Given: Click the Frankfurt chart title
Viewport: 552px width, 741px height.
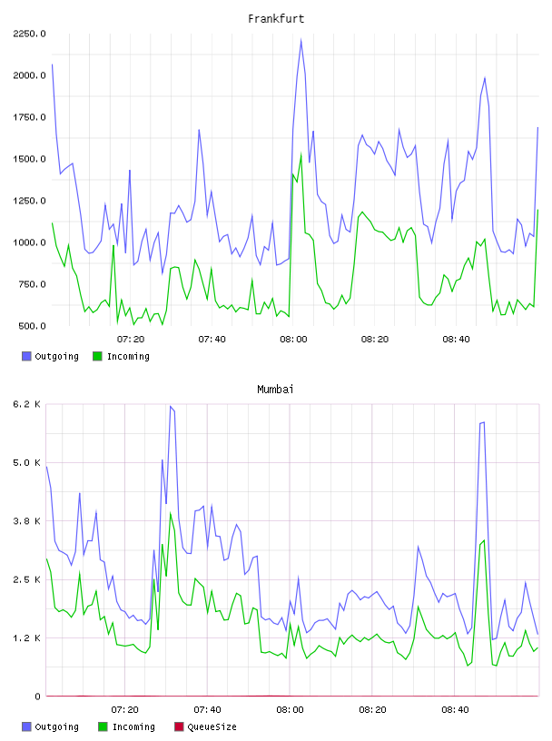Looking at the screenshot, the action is pyautogui.click(x=276, y=19).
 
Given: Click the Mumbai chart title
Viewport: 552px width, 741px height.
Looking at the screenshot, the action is pyautogui.click(x=275, y=390).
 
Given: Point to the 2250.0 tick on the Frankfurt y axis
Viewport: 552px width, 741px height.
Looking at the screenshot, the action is pyautogui.click(x=29, y=34).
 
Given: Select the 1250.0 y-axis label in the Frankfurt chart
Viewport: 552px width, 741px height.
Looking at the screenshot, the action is pyautogui.click(x=29, y=201).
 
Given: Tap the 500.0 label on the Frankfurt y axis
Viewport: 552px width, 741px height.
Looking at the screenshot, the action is pyautogui.click(x=32, y=326).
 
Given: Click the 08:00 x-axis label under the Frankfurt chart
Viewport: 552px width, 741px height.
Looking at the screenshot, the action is pyautogui.click(x=293, y=340).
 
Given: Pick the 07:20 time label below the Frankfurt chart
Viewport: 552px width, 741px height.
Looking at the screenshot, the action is pyautogui.click(x=131, y=340).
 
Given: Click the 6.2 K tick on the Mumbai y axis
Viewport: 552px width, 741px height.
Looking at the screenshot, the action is pyautogui.click(x=27, y=404).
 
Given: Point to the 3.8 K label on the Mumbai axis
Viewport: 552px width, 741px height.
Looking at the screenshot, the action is pyautogui.click(x=27, y=521).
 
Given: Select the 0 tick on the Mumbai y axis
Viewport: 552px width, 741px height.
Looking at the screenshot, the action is pyautogui.click(x=37, y=697).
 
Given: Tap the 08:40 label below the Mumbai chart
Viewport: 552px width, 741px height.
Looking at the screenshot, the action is pyautogui.click(x=455, y=710).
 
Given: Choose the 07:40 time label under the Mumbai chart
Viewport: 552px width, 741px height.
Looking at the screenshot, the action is pyautogui.click(x=208, y=710).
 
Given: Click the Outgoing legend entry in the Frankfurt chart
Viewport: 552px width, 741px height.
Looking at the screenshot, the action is pyautogui.click(x=50, y=356).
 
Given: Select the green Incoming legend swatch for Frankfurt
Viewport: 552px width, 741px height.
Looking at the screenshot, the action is pyautogui.click(x=97, y=356).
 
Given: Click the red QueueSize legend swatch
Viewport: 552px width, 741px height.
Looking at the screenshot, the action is pyautogui.click(x=179, y=726).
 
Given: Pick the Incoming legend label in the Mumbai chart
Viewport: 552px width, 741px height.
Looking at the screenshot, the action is pyautogui.click(x=133, y=726).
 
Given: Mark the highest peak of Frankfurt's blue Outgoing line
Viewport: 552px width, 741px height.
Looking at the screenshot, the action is pyautogui.click(x=301, y=40).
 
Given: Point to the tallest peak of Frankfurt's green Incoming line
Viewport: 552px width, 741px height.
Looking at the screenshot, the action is pyautogui.click(x=301, y=153).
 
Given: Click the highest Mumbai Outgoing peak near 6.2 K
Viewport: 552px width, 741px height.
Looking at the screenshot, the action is pyautogui.click(x=171, y=407).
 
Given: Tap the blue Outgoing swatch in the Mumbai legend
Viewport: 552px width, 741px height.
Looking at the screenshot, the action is pyautogui.click(x=26, y=726).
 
